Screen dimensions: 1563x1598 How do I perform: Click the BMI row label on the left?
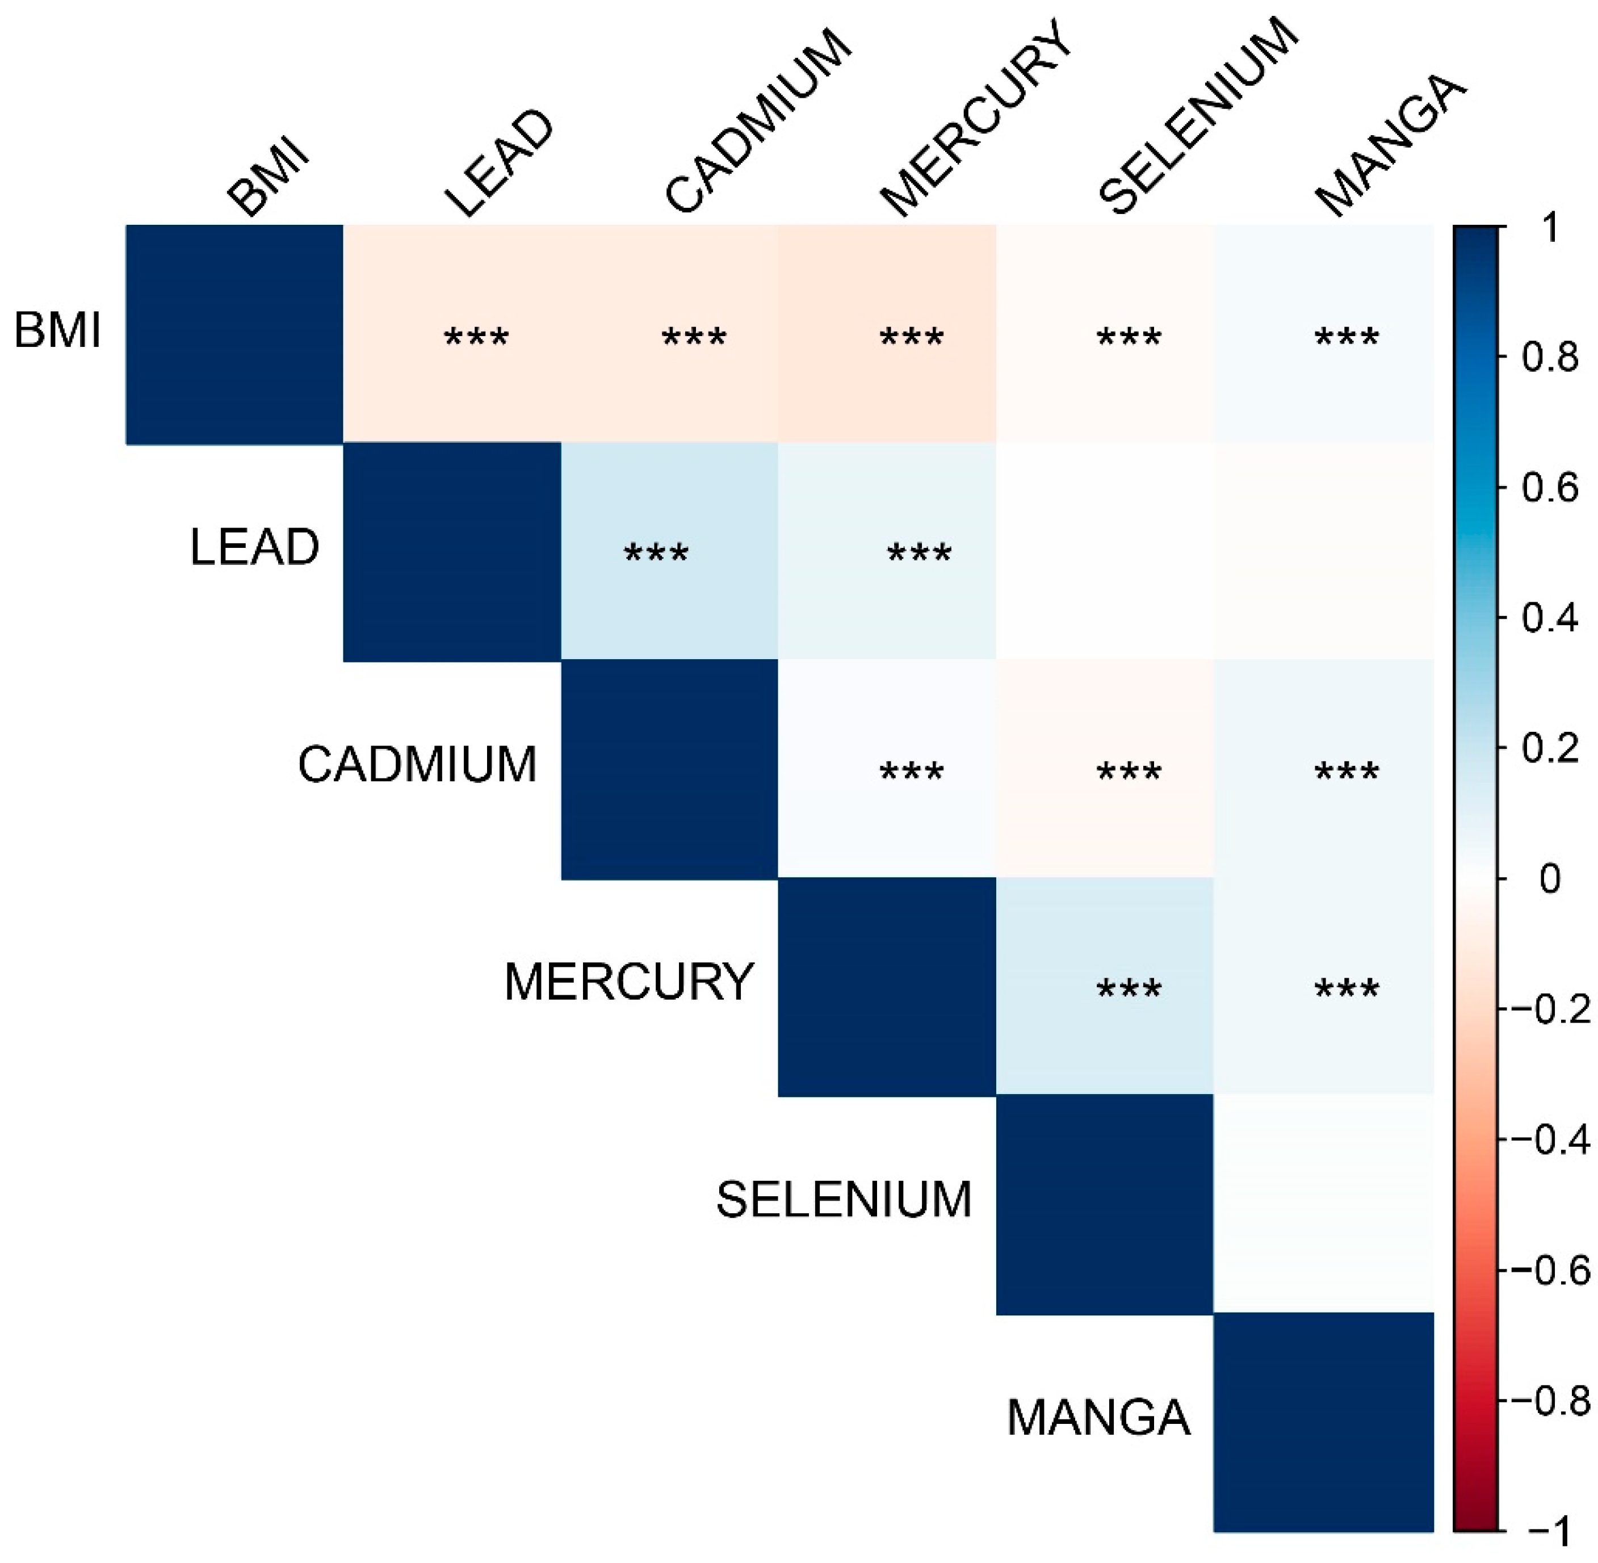(57, 332)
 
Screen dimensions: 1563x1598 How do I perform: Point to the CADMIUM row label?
(417, 765)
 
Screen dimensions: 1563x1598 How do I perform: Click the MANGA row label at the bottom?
(1097, 1418)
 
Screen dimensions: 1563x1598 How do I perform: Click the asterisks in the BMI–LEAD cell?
(476, 337)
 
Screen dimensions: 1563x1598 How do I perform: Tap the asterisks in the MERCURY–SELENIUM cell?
(1129, 988)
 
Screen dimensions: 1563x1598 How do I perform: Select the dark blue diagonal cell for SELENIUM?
(1104, 1204)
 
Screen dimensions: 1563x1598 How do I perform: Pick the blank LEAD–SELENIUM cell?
(1104, 551)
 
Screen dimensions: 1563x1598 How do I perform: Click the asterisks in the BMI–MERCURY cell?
(911, 337)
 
